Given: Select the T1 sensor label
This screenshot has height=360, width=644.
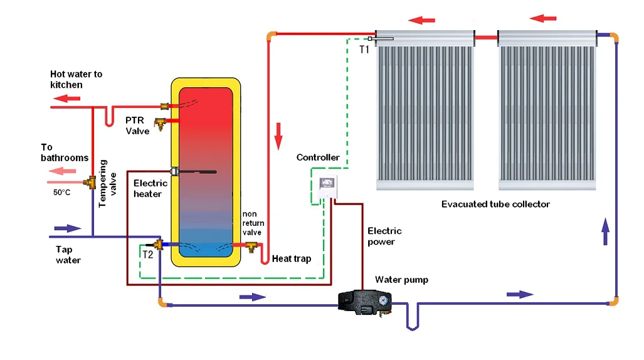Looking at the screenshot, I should tap(364, 49).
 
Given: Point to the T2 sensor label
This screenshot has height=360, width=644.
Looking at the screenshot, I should tap(147, 255).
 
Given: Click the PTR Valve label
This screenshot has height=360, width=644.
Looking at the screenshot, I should tap(137, 125).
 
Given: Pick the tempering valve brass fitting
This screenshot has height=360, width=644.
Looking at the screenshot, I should tap(93, 183).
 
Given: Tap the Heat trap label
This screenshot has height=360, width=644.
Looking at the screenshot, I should tap(292, 258).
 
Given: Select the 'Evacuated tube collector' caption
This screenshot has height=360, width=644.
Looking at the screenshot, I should tap(495, 204).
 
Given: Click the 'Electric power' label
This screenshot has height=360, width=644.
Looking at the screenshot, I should tap(384, 236).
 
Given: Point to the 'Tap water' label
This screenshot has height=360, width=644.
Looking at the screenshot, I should tap(68, 255).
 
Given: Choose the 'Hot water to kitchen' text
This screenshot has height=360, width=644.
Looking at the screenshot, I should tap(76, 79).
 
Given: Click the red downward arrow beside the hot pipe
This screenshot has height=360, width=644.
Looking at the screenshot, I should tap(278, 135).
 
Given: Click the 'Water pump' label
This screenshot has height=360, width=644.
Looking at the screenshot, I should tap(401, 280).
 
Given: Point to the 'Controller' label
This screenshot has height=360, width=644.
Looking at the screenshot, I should tap(318, 157).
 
